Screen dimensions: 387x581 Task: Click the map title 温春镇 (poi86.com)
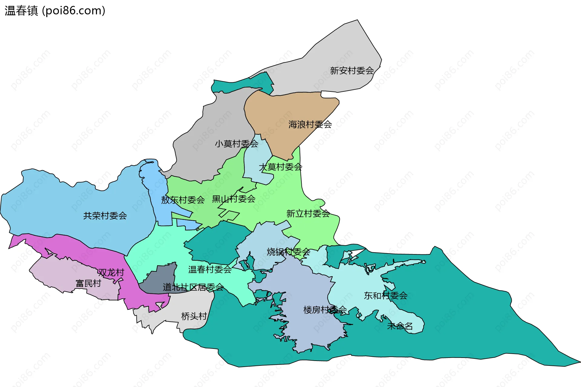click(55, 11)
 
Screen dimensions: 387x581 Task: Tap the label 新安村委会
click(352, 71)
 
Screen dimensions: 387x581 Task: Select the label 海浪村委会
click(310, 124)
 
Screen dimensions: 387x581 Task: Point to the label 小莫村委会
click(236, 144)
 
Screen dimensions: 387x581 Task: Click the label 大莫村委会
click(281, 167)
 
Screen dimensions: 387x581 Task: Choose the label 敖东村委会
click(183, 200)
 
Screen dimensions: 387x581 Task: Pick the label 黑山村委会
click(234, 199)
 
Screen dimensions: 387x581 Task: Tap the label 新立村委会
click(308, 213)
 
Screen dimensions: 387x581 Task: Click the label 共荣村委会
click(105, 216)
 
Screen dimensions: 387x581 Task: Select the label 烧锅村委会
click(288, 252)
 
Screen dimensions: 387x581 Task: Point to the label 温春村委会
click(210, 269)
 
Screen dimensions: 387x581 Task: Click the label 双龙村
click(111, 273)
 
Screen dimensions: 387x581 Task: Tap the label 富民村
click(88, 283)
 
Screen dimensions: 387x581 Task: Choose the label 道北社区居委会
click(193, 287)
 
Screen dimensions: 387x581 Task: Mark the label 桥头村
click(194, 316)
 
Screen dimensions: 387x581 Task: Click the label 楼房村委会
click(325, 309)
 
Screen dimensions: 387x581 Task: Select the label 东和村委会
click(386, 296)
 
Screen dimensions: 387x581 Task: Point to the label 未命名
click(400, 326)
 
